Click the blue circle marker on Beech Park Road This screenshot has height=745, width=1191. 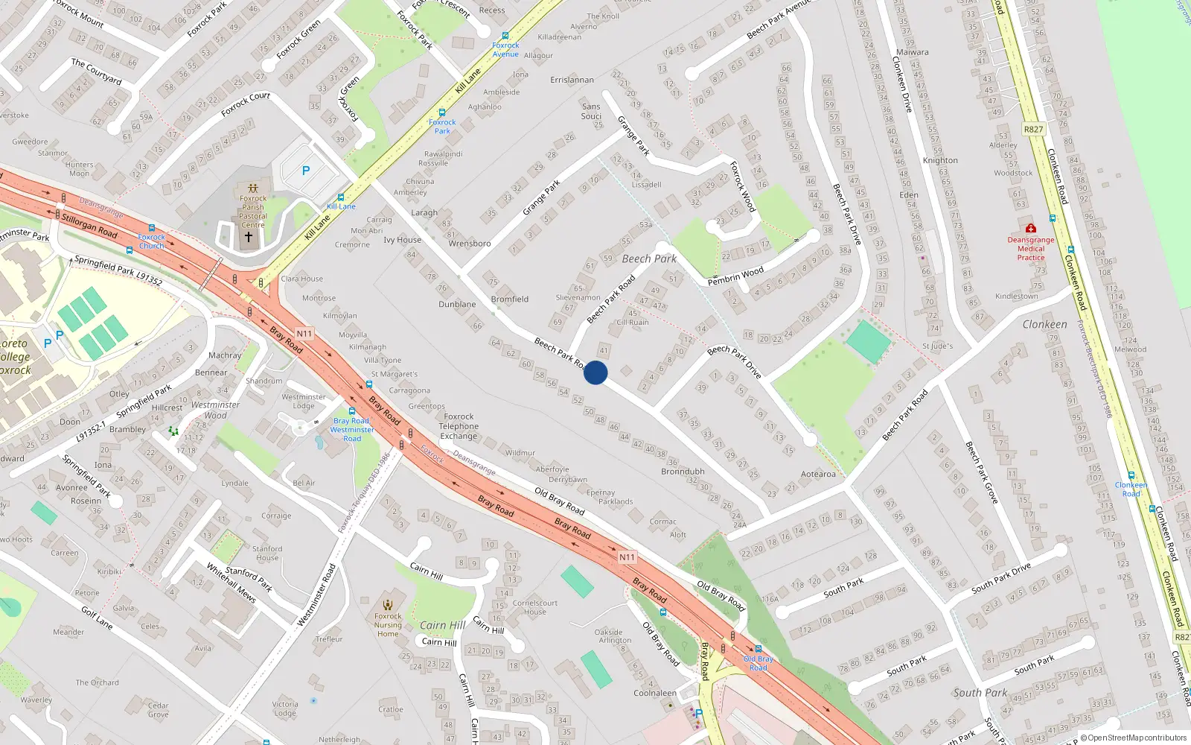pos(595,372)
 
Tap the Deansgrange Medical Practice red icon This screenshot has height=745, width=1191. pos(1030,229)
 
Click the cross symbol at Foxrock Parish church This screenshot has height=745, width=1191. pos(249,237)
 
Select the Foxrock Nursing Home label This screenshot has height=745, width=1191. pos(388,624)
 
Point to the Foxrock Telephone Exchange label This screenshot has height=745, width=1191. pos(459,426)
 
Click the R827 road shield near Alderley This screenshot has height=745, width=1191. pos(1033,129)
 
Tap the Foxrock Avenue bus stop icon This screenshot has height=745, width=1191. pos(505,36)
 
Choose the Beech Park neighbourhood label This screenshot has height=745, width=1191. pos(649,259)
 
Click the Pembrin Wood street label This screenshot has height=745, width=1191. pos(735,276)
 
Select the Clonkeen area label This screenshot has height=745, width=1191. pos(1044,324)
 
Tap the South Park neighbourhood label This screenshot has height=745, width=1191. pos(980,692)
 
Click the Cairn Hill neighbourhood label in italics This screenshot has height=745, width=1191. pos(442,625)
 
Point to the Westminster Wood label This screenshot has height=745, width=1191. pos(215,410)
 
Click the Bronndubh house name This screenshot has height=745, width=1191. pos(683,472)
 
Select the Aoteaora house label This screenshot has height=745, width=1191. pos(818,474)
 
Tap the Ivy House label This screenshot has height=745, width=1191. pos(402,240)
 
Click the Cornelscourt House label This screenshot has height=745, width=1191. pos(534,607)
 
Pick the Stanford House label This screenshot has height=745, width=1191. pos(267,553)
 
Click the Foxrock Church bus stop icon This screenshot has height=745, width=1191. pos(151,229)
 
